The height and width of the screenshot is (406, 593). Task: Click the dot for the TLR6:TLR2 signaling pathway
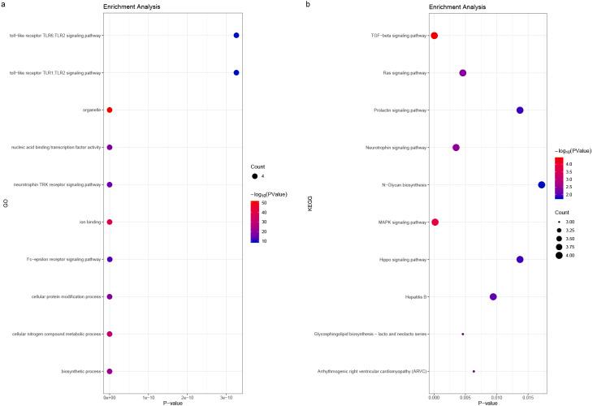tap(236, 36)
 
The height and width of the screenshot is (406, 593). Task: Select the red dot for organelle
tap(110, 110)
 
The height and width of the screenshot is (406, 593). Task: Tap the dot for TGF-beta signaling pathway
tap(435, 36)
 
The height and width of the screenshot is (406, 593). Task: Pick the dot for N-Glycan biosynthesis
tap(542, 185)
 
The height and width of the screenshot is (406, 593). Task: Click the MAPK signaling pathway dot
tap(435, 222)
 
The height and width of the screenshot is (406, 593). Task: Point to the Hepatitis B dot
tap(493, 296)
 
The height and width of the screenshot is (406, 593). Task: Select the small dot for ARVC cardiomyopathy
tap(474, 371)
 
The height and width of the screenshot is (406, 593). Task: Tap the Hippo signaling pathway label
tap(403, 260)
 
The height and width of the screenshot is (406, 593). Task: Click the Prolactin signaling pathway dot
tap(520, 110)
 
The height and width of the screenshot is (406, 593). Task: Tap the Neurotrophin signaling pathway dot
tap(456, 148)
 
